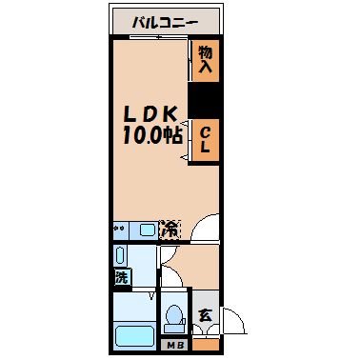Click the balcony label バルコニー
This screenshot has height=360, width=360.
[166, 19]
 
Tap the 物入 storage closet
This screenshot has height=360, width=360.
[205, 62]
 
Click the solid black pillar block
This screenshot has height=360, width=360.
[205, 100]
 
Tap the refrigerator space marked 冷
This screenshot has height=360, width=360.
[170, 230]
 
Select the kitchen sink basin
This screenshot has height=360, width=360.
[145, 230]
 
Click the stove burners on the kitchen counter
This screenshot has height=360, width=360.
[120, 230]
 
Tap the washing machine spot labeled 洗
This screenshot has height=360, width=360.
[121, 278]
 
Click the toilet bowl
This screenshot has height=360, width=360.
[174, 316]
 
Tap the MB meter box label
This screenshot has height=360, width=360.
[174, 345]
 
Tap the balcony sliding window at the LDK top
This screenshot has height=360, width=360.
[152, 39]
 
